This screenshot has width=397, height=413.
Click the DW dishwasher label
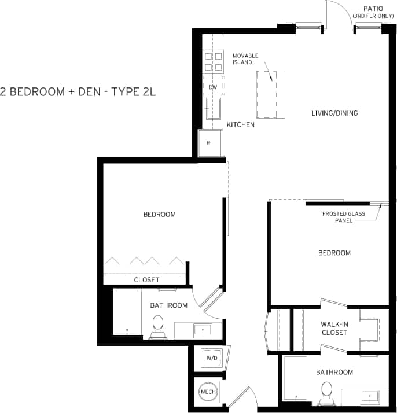212,87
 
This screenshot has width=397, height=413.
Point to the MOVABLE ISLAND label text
245,58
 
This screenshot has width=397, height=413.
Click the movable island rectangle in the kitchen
271,93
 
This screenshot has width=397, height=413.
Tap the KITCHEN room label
240,124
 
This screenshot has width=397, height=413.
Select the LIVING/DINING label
334,113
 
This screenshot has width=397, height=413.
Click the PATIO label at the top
373,8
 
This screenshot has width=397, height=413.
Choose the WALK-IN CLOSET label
334,329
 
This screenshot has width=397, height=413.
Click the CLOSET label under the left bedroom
146,280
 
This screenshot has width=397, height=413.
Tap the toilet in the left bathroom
157,327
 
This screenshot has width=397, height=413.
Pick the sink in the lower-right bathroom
369,397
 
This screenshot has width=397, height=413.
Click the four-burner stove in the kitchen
213,61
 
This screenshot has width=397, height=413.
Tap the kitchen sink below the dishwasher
214,109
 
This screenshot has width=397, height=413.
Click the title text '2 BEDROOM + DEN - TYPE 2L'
79,91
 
